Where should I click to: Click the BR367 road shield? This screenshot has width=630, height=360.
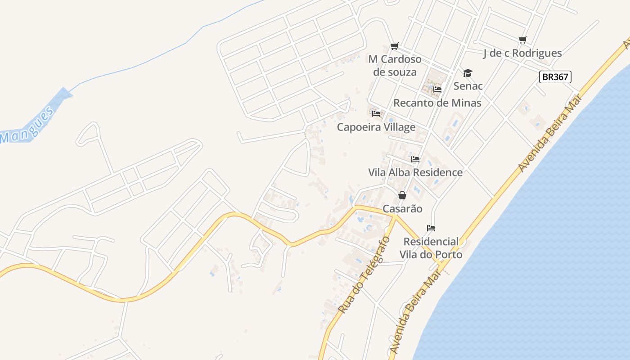pyautogui.click(x=555, y=77)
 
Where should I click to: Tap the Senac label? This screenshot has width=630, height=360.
pyautogui.click(x=468, y=86)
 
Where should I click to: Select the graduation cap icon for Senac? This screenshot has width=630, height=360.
pyautogui.click(x=468, y=73)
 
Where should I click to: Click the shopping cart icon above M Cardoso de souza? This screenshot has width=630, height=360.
pyautogui.click(x=395, y=46)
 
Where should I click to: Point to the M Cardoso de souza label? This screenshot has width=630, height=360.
pyautogui.click(x=395, y=66)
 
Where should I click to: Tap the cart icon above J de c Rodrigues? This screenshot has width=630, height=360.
pyautogui.click(x=522, y=40)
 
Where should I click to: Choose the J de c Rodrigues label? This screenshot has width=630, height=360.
pyautogui.click(x=522, y=53)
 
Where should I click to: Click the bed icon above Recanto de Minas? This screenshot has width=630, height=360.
pyautogui.click(x=437, y=90)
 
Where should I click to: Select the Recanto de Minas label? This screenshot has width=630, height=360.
pyautogui.click(x=437, y=103)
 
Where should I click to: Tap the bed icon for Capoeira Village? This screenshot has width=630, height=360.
pyautogui.click(x=376, y=114)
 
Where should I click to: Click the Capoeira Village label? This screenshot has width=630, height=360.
pyautogui.click(x=376, y=127)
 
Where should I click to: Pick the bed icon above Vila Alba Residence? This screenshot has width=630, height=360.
pyautogui.click(x=415, y=159)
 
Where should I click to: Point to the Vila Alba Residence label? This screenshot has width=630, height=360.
pyautogui.click(x=415, y=172)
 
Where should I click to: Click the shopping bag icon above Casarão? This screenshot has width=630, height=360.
pyautogui.click(x=402, y=195)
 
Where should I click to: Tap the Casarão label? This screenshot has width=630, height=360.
pyautogui.click(x=402, y=209)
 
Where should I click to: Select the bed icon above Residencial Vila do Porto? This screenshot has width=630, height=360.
pyautogui.click(x=431, y=228)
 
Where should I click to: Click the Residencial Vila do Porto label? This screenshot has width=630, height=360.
pyautogui.click(x=431, y=248)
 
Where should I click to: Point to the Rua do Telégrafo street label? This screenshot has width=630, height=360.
pyautogui.click(x=363, y=275)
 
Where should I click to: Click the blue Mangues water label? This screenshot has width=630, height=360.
pyautogui.click(x=27, y=126)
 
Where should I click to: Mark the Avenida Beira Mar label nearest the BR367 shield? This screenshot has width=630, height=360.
pyautogui.click(x=550, y=133)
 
